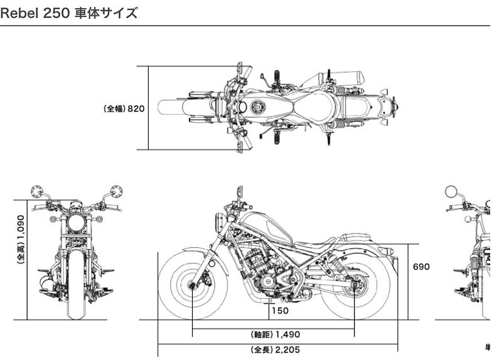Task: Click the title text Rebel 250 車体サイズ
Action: coord(69,13)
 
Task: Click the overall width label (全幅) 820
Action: coord(124,109)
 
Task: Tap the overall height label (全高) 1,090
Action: coord(21,240)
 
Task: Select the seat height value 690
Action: coord(421,267)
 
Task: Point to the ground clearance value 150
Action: coord(280,310)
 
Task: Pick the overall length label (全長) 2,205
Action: coord(275,349)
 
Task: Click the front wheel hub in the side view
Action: coord(193,287)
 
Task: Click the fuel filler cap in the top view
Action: coord(256,107)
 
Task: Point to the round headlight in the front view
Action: coord(77,223)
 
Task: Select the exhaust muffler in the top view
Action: coord(339,78)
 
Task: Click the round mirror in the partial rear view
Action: coord(451,191)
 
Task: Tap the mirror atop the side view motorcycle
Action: coord(238,191)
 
